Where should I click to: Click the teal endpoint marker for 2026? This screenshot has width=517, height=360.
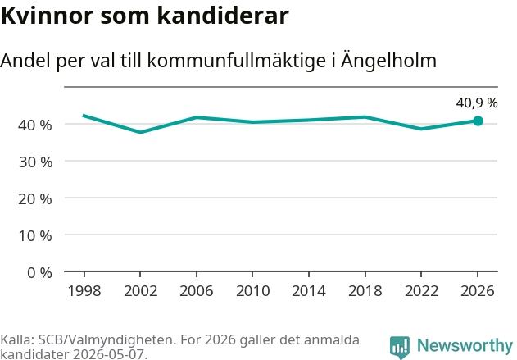[478, 121]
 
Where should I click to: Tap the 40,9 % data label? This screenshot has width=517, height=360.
[477, 103]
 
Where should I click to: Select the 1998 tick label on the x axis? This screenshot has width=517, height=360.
[84, 291]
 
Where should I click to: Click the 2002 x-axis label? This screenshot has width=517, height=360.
[140, 291]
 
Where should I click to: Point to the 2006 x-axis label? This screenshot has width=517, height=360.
[197, 291]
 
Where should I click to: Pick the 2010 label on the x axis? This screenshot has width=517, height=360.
[252, 291]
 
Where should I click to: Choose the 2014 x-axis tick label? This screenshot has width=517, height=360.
[309, 291]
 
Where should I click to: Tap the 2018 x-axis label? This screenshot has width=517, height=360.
[365, 291]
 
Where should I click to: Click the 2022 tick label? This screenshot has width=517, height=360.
[421, 291]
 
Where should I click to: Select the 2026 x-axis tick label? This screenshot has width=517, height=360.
[478, 291]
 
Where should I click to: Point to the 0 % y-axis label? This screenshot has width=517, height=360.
[39, 273]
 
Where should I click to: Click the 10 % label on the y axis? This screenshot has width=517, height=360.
[35, 236]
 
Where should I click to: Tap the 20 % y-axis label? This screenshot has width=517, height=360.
[35, 199]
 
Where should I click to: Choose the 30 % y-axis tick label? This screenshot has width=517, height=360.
[35, 162]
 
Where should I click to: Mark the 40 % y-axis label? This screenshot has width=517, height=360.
[35, 125]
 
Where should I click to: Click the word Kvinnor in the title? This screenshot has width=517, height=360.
[48, 16]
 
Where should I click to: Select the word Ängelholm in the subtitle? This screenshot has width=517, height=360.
[388, 61]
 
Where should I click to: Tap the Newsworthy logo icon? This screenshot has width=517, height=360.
[400, 347]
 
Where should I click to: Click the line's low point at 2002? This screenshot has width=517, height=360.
[140, 132]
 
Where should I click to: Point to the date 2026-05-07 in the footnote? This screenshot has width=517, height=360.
[108, 354]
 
